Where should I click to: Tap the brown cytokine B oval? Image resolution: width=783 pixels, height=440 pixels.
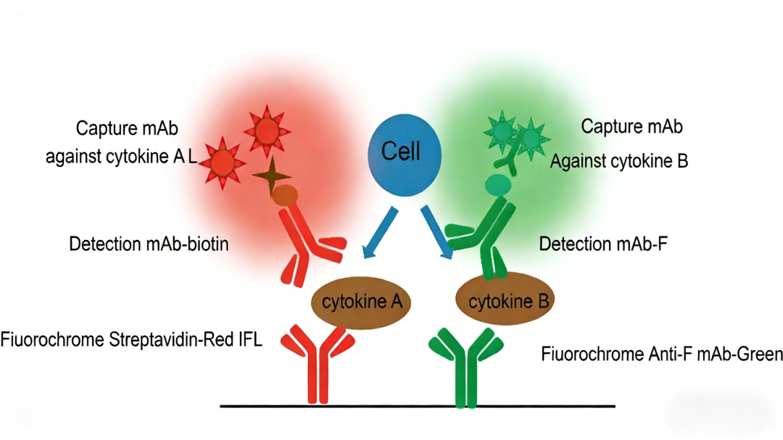[x=505, y=302]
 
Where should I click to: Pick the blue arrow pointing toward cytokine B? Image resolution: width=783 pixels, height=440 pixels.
[x=435, y=231]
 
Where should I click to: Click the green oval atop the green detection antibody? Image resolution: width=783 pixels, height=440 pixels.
[x=498, y=184]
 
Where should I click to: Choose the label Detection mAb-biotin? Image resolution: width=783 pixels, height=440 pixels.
[x=149, y=244]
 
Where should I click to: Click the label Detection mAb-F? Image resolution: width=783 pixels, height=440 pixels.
[x=602, y=244]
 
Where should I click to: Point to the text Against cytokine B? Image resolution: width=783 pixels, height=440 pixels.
[x=618, y=161]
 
